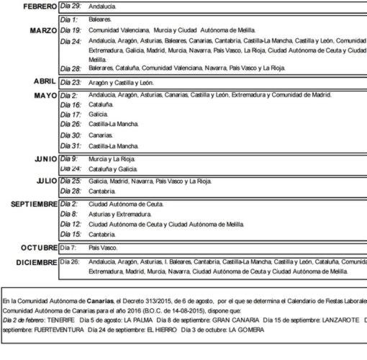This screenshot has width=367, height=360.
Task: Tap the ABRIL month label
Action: click(45, 83)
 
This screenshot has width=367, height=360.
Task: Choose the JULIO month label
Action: click(42, 181)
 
